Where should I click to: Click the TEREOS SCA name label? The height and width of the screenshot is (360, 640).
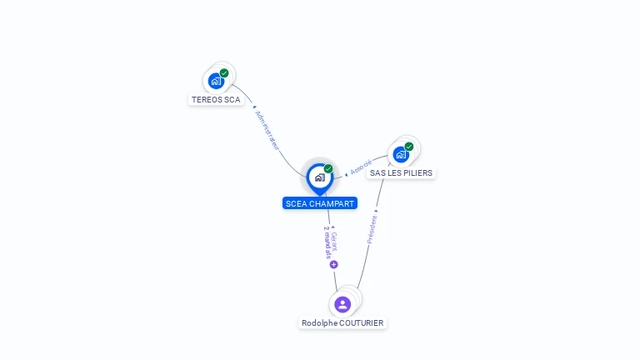(216, 100)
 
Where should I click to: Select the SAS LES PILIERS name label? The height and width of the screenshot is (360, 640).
(401, 173)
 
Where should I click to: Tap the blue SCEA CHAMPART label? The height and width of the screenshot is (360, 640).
(320, 203)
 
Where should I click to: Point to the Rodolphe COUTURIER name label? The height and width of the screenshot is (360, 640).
(342, 322)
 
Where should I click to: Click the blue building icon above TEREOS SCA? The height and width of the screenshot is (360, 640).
(216, 81)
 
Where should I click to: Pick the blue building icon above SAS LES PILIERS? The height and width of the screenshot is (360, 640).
(401, 154)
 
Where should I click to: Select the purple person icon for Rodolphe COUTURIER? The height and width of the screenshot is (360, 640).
(342, 304)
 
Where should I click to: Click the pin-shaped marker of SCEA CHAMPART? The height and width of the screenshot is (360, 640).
(320, 179)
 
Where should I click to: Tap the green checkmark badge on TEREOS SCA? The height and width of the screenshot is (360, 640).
(224, 73)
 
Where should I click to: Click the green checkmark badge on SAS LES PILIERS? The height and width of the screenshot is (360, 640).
(409, 147)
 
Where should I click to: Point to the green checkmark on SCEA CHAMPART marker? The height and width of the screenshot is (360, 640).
(328, 168)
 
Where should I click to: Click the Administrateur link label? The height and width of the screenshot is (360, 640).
(267, 130)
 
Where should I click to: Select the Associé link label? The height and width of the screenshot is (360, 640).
(361, 167)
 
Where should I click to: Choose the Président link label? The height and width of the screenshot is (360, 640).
(372, 230)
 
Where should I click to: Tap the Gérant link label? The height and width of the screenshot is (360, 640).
(334, 241)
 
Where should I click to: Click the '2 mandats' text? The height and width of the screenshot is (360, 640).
(327, 242)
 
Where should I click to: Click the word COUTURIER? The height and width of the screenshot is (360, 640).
(362, 322)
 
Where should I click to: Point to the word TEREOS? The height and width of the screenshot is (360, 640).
(206, 100)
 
